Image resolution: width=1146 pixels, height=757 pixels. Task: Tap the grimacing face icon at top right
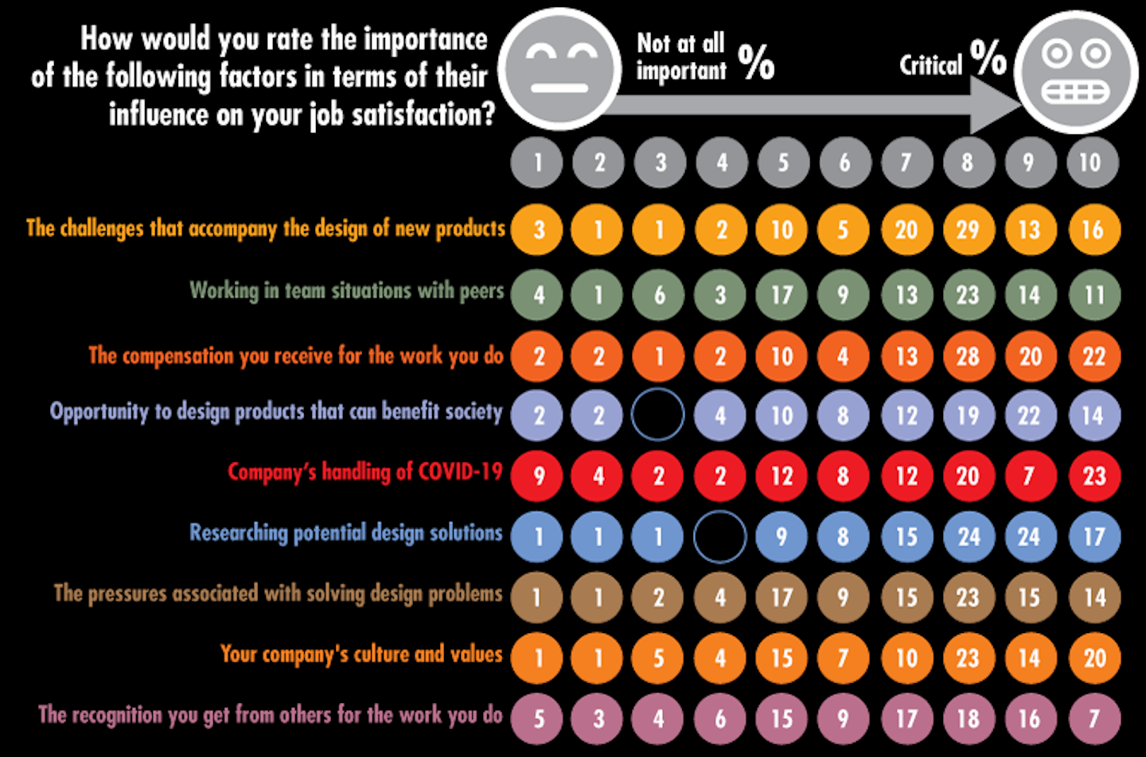pos(1078,72)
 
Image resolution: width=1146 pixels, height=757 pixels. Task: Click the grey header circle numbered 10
pos(1092,163)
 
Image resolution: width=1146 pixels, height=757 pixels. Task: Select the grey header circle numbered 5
pos(783,163)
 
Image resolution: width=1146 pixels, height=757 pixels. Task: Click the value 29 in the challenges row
pos(968,230)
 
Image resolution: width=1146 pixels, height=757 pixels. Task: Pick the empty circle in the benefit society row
pos(658,415)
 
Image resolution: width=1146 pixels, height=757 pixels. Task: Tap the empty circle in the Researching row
pos(720,537)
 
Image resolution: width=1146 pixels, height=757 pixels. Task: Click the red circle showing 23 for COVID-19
pos(1093,476)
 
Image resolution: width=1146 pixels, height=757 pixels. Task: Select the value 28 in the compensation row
pos(968,355)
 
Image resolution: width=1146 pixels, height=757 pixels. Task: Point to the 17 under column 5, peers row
pos(782,295)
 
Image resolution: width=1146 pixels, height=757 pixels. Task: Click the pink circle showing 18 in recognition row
pos(968,719)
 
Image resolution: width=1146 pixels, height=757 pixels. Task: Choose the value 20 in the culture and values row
pos(1093,658)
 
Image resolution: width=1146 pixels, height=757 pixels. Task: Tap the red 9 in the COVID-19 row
pos(538,476)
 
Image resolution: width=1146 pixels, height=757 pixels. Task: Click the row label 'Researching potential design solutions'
pos(346,533)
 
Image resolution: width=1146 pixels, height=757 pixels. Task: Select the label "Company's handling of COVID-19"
pos(365,472)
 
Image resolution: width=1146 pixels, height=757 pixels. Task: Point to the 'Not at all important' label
pos(681,56)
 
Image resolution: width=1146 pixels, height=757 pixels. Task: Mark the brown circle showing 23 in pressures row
pos(968,597)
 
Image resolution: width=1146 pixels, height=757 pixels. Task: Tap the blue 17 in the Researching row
pos(1093,537)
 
